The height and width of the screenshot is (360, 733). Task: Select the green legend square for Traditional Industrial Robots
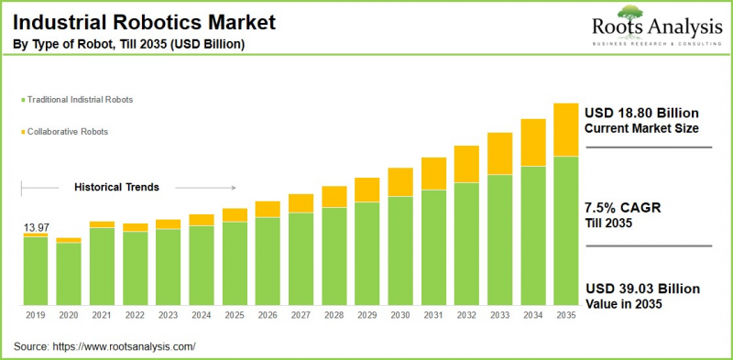(x=21, y=98)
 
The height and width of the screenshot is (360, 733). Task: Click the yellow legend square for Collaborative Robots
(x=21, y=132)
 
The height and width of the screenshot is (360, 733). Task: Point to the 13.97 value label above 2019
(x=36, y=225)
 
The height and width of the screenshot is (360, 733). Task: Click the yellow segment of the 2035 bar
(x=566, y=129)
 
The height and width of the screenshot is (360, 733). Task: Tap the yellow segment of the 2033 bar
(x=499, y=153)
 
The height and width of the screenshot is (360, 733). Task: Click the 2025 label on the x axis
(x=235, y=314)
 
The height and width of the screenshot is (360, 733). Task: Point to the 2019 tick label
(x=36, y=314)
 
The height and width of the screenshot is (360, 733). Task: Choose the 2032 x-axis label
(x=466, y=314)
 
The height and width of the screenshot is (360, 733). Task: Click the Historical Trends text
(x=116, y=187)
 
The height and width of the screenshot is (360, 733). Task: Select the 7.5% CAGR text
(x=622, y=208)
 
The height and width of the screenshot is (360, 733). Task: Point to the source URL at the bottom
(x=125, y=346)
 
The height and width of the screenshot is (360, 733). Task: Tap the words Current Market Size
(x=640, y=128)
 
